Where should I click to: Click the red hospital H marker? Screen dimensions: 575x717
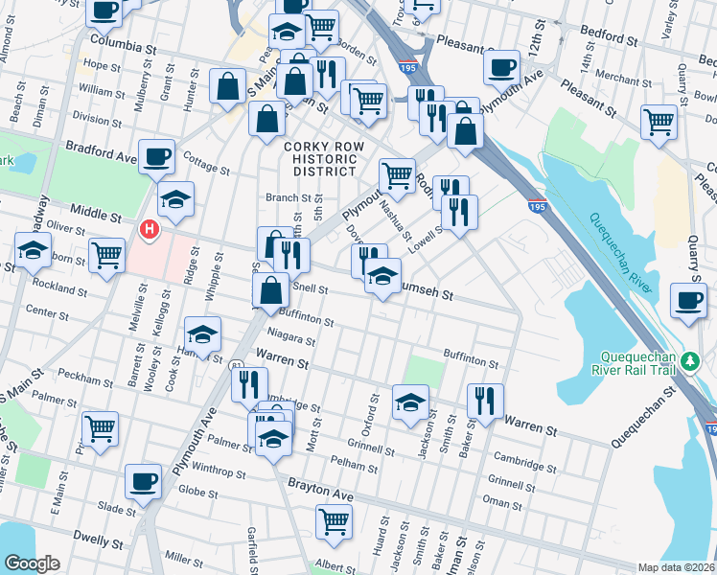pyautogui.click(x=149, y=230)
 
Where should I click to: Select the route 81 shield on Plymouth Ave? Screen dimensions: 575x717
pyautogui.click(x=236, y=363)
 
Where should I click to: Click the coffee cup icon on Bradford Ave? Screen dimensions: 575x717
pyautogui.click(x=156, y=156)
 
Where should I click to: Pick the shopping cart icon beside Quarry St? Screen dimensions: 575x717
pyautogui.click(x=659, y=122)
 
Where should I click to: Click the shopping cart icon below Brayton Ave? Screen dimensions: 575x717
pyautogui.click(x=334, y=521)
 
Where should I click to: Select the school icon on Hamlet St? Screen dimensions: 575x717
pyautogui.click(x=202, y=334)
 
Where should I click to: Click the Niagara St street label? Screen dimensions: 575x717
pyautogui.click(x=291, y=339)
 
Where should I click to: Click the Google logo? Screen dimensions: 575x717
pyautogui.click(x=33, y=563)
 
